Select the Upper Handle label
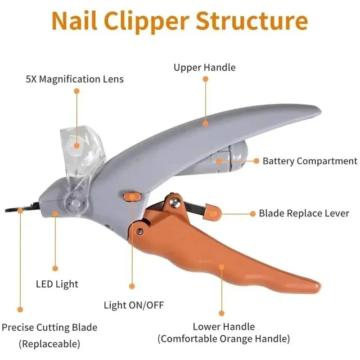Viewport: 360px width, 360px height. (205, 68)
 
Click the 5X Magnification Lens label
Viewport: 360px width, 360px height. (75, 80)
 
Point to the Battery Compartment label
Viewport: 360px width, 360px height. (310, 161)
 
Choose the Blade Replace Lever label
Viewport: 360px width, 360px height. (304, 213)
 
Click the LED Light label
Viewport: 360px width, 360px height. (57, 284)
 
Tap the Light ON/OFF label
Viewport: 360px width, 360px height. (134, 306)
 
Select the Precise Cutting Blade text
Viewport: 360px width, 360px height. (49, 328)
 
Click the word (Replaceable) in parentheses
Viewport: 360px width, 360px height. (49, 344)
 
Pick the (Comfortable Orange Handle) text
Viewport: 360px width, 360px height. (224, 338)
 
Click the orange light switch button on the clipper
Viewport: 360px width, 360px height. (131, 196)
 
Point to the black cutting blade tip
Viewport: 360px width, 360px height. (13, 209)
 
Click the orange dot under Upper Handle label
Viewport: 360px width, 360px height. (205, 79)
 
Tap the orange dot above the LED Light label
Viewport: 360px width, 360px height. (55, 268)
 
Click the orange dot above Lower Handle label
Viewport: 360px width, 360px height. (221, 313)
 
